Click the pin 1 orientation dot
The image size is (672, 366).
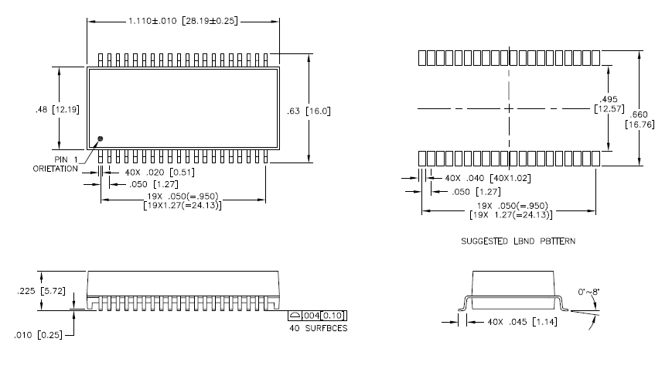(100, 139)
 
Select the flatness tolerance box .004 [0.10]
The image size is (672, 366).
(318, 315)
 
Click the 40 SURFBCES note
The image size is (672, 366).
(317, 328)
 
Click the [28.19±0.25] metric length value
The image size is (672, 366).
(218, 22)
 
